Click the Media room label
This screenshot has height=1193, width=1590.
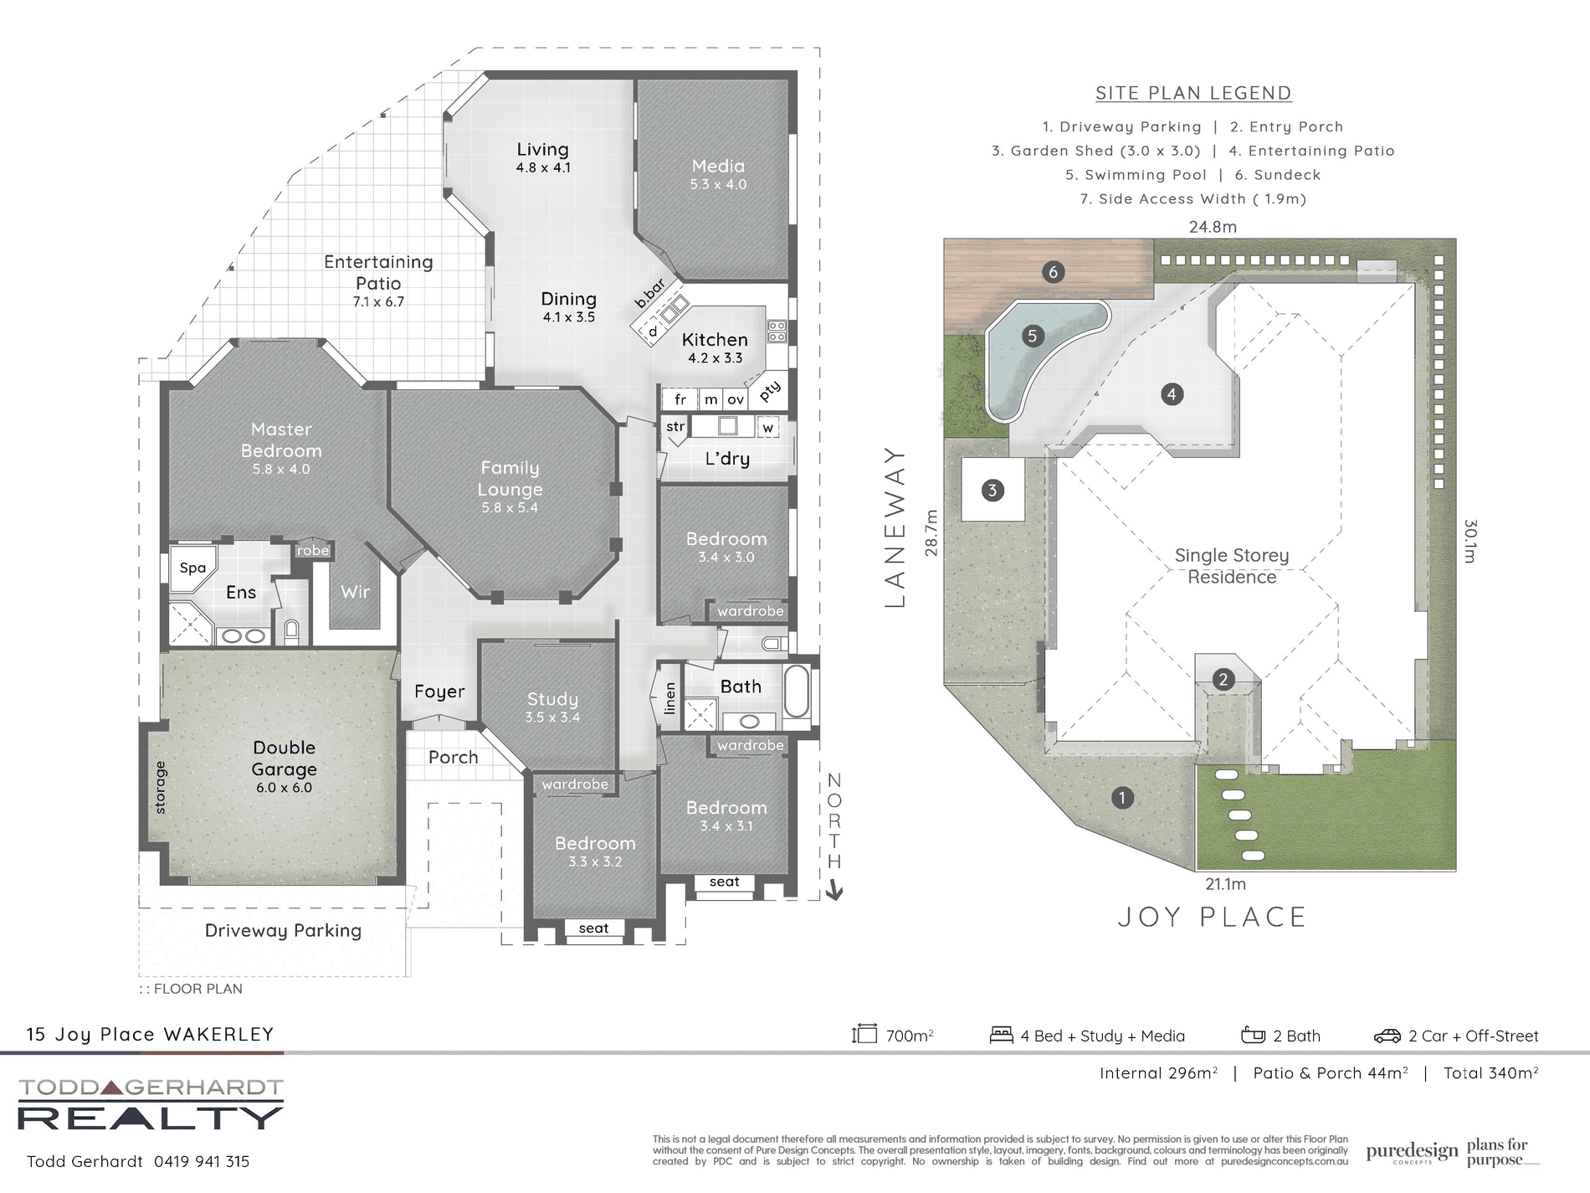tap(718, 167)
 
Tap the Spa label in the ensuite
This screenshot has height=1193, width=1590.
tap(192, 568)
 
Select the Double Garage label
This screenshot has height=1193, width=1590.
tap(285, 758)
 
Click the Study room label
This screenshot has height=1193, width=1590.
tap(552, 699)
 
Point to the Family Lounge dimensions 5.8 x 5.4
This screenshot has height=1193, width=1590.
tap(510, 507)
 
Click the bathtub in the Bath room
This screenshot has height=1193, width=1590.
tap(797, 692)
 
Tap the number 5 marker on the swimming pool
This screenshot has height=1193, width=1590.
tap(1032, 336)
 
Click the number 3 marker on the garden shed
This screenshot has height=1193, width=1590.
tap(992, 490)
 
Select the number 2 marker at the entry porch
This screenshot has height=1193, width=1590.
tap(1223, 679)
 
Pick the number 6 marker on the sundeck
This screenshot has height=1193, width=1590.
tap(1053, 271)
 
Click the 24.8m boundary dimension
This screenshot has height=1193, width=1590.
tap(1213, 226)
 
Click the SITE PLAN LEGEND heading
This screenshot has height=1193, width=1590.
tap(1193, 93)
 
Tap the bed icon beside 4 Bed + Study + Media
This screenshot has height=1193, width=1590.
tap(1001, 1035)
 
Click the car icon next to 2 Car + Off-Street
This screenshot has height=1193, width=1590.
tap(1387, 1036)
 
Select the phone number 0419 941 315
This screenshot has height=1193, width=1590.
tap(202, 1161)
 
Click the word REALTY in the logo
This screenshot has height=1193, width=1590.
tap(151, 1118)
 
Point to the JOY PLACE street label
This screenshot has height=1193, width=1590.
tap(1212, 917)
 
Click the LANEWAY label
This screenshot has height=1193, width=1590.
tap(895, 527)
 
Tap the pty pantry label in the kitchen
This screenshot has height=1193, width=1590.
tap(770, 390)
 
